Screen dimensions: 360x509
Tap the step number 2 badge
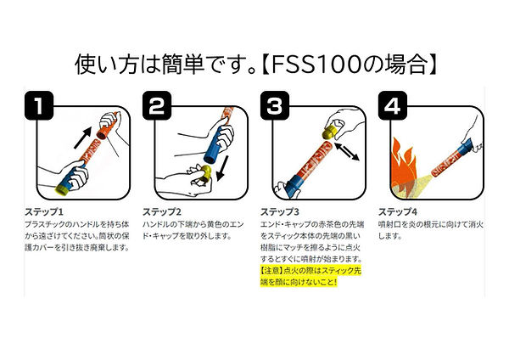point(157,107)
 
